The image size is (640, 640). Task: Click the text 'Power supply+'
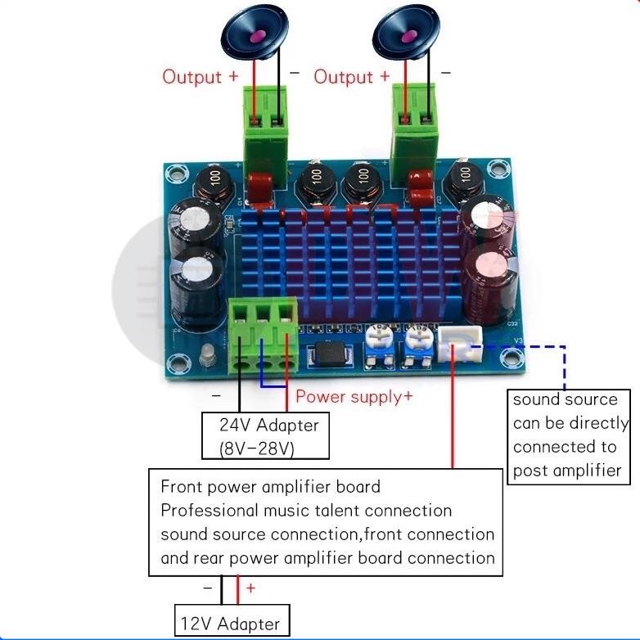(x=354, y=397)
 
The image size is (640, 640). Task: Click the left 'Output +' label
(x=201, y=77)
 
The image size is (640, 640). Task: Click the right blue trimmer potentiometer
(x=418, y=345)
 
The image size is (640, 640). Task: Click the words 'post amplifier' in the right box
(x=566, y=471)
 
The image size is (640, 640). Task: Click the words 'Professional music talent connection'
(x=306, y=511)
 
